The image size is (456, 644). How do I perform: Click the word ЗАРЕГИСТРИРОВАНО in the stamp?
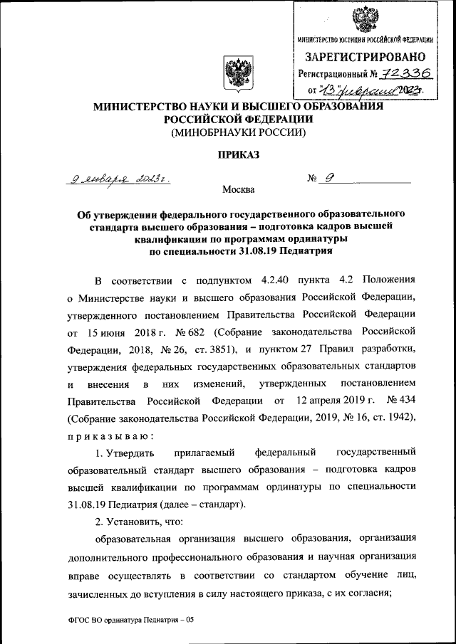(366, 57)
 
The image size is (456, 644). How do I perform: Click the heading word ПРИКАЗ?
(236, 154)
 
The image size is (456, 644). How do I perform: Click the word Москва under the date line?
(236, 190)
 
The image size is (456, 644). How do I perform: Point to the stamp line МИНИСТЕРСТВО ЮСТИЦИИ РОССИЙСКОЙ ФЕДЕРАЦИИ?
(366, 39)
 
